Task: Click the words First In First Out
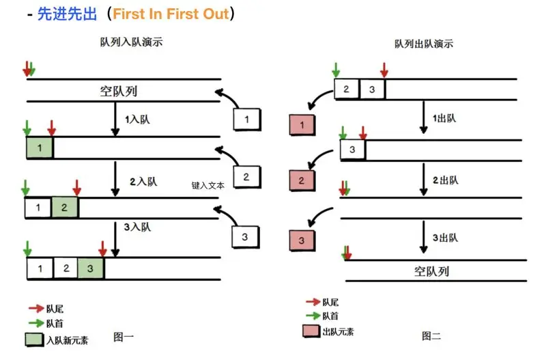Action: pos(170,14)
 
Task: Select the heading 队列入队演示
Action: pos(131,42)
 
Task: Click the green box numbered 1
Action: pos(40,148)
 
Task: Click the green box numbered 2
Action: pos(65,208)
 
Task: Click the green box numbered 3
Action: pos(90,268)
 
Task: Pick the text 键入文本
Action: pos(208,185)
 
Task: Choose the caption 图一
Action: pos(124,336)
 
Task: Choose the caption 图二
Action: pos(432,335)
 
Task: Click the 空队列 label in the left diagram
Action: pos(123,92)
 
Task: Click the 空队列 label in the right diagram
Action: pos(432,271)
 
